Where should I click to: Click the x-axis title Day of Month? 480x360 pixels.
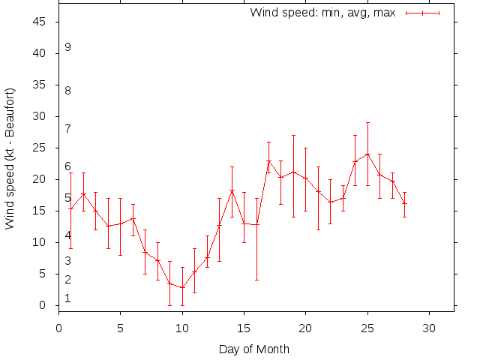(253, 349)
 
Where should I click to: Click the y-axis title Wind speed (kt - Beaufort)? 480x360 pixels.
(10, 159)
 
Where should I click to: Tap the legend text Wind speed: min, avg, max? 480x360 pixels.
(324, 13)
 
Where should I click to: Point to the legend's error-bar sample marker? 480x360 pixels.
(422, 13)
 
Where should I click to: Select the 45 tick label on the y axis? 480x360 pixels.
(41, 22)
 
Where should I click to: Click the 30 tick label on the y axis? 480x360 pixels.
(41, 116)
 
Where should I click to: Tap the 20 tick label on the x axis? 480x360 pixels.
(305, 327)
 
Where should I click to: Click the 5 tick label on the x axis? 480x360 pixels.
(121, 327)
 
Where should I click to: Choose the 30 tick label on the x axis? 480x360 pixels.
(428, 327)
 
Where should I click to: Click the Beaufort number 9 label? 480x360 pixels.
(68, 47)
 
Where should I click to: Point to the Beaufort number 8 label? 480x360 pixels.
(68, 91)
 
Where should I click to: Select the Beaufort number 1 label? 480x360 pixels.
(68, 298)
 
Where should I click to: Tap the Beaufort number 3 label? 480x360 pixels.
(68, 261)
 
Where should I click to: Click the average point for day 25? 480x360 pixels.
(367, 154)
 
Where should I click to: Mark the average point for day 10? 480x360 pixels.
(182, 287)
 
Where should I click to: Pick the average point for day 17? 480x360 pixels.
(268, 161)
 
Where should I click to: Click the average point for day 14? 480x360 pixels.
(232, 190)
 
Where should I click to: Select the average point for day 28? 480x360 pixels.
(404, 203)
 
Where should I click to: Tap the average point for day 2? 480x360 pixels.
(83, 193)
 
